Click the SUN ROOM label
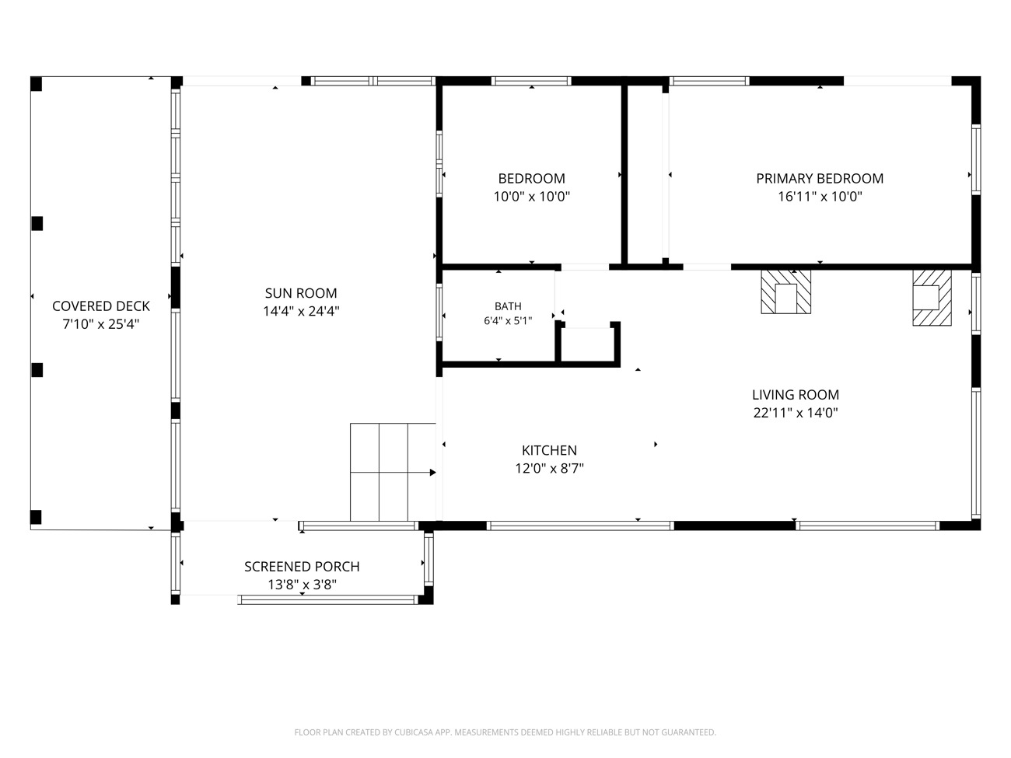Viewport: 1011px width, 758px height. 301,293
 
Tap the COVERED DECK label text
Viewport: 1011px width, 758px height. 101,306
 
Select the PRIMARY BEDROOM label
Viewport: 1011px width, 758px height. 820,178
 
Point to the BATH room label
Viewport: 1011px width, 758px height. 508,306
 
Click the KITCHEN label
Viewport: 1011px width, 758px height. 549,450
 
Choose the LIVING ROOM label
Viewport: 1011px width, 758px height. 796,394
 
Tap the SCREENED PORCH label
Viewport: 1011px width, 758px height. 302,567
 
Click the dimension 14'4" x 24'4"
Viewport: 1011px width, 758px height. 301,311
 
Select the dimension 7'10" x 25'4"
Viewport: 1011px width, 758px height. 101,324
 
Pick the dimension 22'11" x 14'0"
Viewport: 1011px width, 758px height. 796,412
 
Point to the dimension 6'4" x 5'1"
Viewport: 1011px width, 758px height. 508,320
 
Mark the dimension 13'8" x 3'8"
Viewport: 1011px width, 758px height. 303,585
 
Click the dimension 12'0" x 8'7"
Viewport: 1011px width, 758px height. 549,468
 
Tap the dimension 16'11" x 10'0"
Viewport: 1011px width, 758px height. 820,197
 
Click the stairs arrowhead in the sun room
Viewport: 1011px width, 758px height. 433,472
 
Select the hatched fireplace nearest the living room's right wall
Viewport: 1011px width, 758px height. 932,298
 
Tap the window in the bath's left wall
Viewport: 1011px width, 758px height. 439,312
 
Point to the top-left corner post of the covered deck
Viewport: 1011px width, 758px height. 36,84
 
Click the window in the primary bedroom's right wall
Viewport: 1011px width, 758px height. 975,159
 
